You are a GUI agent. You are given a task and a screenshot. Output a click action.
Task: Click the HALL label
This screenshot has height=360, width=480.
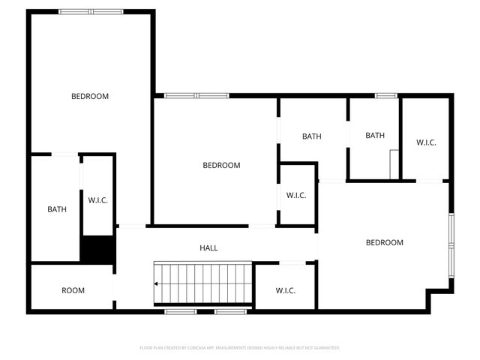coord(209,247)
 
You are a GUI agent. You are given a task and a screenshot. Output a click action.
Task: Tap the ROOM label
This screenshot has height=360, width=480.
coord(73,290)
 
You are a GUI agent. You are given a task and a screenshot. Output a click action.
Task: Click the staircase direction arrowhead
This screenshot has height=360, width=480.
coord(156,284)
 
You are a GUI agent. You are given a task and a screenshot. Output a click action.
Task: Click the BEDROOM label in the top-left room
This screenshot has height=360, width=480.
coord(90,96)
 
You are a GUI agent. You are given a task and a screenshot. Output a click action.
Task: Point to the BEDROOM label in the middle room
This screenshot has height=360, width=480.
coord(221,165)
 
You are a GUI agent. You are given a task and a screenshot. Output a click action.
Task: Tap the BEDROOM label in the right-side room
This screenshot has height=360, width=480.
coord(384,242)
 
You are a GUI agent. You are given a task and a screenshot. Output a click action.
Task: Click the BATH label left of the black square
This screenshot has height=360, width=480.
coord(57,209)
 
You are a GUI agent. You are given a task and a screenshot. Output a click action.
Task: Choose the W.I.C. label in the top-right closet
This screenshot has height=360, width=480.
coord(426,142)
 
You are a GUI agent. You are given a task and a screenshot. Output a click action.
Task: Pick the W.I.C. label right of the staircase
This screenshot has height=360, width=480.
coord(285,290)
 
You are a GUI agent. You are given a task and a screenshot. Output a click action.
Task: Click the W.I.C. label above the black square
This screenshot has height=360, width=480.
coord(98,200)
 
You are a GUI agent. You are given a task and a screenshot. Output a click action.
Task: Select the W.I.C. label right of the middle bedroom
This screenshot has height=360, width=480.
coord(295,195)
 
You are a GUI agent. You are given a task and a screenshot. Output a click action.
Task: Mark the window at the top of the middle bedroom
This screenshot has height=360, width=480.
coord(196,95)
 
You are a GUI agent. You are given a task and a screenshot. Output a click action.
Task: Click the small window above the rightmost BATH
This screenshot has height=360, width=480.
coord(386,95)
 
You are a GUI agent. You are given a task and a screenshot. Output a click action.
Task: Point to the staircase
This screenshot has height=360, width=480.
coord(202,283)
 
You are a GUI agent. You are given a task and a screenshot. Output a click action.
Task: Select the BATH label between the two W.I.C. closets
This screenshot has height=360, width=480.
coord(375,136)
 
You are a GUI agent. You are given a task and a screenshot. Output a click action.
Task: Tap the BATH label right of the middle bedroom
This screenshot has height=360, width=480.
coord(312,136)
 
